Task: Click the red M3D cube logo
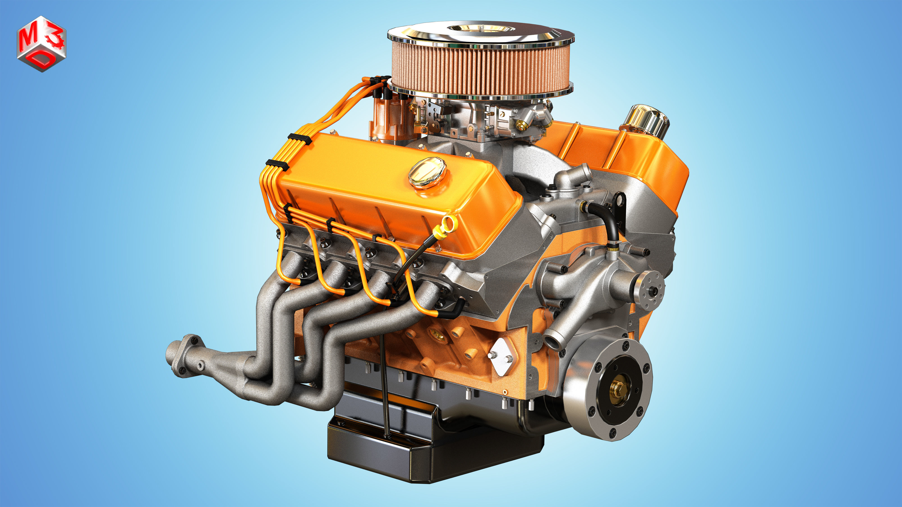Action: (41, 44)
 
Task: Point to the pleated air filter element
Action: (480, 68)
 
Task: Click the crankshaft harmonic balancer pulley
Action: (609, 388)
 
